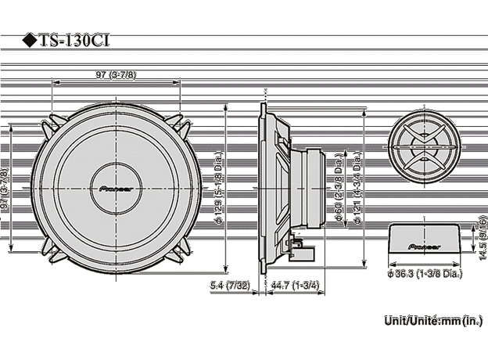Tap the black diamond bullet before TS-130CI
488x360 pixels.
coord(28,41)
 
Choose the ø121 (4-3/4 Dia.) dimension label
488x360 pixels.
coord(357,188)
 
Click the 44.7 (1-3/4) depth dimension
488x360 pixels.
coord(294,286)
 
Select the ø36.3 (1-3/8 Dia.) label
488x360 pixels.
coord(425,275)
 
